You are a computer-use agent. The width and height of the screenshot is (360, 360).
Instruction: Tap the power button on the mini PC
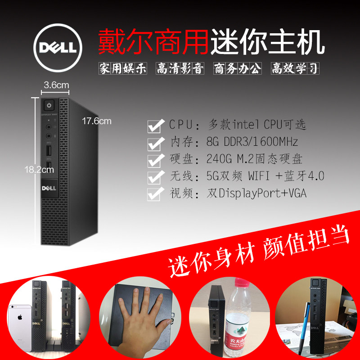tap(48, 106)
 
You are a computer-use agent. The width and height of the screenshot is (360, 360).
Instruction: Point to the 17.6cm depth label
tap(96, 121)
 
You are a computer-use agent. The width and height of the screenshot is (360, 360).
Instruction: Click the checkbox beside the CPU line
tap(155, 126)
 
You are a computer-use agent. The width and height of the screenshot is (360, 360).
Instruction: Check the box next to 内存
tap(155, 143)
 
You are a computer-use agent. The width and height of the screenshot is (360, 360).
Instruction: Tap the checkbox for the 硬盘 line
tap(155, 160)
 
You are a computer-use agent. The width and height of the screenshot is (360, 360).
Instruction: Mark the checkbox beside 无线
tap(155, 176)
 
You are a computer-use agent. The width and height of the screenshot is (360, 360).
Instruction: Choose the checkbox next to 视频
tap(155, 193)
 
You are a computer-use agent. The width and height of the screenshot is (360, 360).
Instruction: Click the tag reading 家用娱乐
tap(123, 68)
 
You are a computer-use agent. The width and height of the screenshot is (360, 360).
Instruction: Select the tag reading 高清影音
tap(180, 68)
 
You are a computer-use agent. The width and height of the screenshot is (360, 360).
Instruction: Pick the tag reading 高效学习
tap(295, 68)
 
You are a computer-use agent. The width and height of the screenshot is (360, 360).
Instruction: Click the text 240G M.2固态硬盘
tap(254, 159)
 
